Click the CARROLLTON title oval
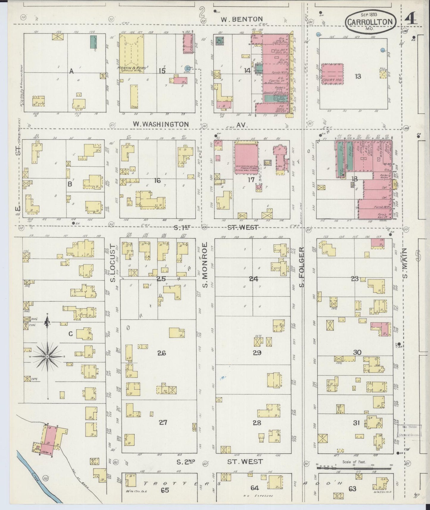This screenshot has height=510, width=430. tap(371, 21)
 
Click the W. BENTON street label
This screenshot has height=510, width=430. tap(242, 19)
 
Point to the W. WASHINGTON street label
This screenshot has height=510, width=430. tap(161, 124)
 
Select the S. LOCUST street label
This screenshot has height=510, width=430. tap(112, 263)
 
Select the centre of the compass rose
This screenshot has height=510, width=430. tap(47, 356)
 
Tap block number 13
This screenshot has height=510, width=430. tap(358, 76)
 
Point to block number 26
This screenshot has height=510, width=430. tap(162, 353)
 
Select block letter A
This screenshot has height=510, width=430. tap(71, 71)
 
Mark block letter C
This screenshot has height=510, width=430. tap(71, 334)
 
